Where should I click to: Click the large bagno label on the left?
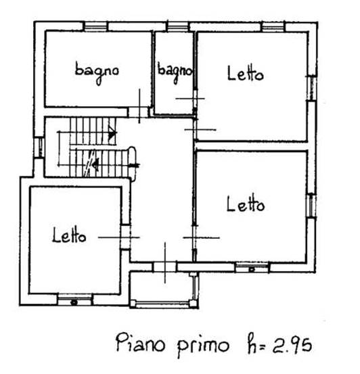pyautogui.click(x=97, y=72)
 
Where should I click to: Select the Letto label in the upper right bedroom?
pyautogui.click(x=246, y=73)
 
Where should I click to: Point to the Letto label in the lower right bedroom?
pyautogui.click(x=246, y=204)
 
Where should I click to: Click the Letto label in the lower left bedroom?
pyautogui.click(x=69, y=235)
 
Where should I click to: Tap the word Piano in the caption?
pyautogui.click(x=140, y=343)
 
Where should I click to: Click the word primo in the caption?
pyautogui.click(x=203, y=346)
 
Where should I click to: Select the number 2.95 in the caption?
pyautogui.click(x=292, y=345)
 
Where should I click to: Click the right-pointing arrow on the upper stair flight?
pyautogui.click(x=112, y=133)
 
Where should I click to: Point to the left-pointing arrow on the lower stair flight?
pyautogui.click(x=96, y=164)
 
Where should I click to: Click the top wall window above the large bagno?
pyautogui.click(x=96, y=26)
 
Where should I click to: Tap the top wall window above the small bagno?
pyautogui.click(x=177, y=26)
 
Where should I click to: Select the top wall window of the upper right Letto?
pyautogui.click(x=273, y=27)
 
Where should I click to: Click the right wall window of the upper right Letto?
pyautogui.click(x=312, y=88)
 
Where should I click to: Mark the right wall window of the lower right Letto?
pyautogui.click(x=311, y=206)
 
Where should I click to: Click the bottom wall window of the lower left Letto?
pyautogui.click(x=74, y=300)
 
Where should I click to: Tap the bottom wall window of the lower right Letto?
pyautogui.click(x=252, y=267)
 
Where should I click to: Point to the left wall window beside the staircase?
pyautogui.click(x=39, y=147)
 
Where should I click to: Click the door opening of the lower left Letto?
pyautogui.click(x=126, y=237)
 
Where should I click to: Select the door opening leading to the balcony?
pyautogui.click(x=164, y=266)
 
